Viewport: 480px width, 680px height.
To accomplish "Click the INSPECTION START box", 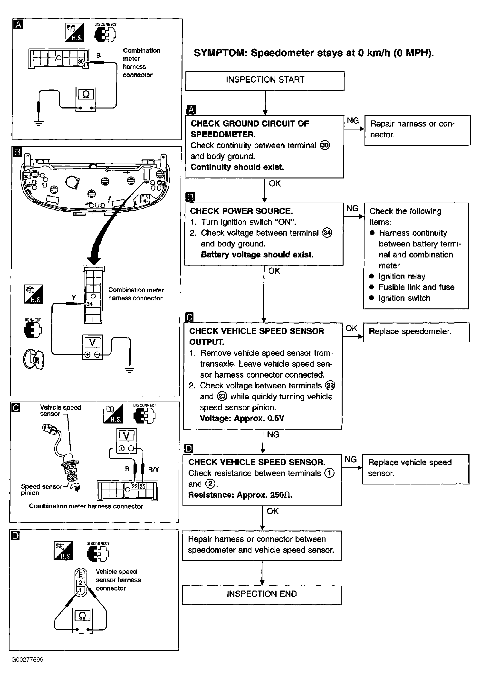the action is coord(265,80).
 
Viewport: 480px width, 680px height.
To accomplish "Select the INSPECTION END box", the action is coord(262,595).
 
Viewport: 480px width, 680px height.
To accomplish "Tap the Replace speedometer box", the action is coord(416,332).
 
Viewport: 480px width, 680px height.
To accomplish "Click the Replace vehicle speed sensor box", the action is coord(416,469).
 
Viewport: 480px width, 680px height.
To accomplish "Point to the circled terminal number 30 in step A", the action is coord(325,145).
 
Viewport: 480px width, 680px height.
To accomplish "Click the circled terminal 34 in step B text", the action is coord(327,233).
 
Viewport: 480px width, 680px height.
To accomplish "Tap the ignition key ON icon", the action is coord(33,360).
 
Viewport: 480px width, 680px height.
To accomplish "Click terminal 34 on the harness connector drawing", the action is coord(90,304).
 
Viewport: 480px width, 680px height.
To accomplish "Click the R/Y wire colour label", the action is coord(153,469).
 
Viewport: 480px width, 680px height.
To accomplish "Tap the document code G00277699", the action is coord(28,660).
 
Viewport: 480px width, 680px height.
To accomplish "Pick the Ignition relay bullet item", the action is coord(397,276).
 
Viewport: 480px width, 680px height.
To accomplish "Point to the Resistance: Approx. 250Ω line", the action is coord(240,495).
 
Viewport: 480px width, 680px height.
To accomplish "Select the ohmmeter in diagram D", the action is coord(83,621).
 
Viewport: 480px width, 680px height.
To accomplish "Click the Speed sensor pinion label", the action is coord(42,490).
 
